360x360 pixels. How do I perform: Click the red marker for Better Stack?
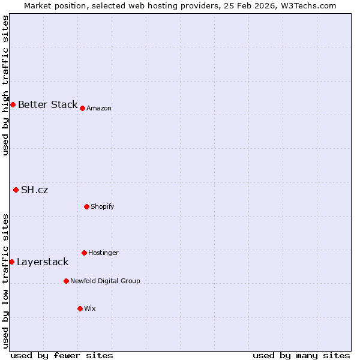pos(13,104)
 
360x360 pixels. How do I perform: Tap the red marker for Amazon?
pos(82,108)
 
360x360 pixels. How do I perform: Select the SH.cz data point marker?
pos(16,190)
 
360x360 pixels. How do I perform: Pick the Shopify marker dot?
pos(86,206)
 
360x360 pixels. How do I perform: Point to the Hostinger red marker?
pos(84,253)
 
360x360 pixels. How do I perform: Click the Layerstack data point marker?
pos(11,262)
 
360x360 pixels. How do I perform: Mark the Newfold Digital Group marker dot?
pos(66,281)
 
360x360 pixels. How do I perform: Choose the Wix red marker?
pos(80,308)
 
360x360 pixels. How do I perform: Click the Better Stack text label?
pos(47,104)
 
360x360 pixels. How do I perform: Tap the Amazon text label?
pos(99,108)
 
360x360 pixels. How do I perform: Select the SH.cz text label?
pos(35,190)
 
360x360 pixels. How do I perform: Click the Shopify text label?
pos(103,206)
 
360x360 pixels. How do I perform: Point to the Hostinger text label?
pos(103,253)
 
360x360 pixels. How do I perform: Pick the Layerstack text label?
pos(43,262)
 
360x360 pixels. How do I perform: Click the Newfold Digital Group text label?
pos(105,281)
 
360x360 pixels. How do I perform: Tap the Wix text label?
pos(90,308)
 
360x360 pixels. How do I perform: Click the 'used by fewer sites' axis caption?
pos(62,355)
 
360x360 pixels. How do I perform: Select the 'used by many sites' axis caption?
pos(301,355)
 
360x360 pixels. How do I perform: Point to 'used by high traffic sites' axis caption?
pos(5,85)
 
